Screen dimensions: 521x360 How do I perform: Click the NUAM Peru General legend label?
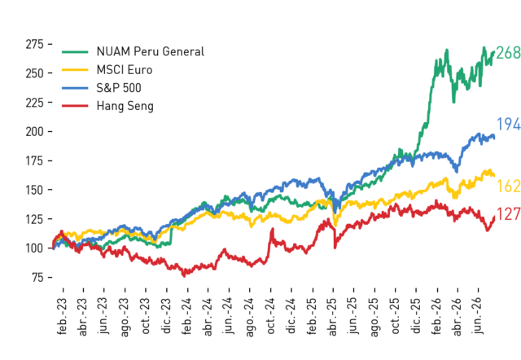150,52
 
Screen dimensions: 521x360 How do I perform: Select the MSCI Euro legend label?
125,70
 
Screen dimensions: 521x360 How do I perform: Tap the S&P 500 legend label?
119,88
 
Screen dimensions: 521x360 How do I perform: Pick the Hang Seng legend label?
125,107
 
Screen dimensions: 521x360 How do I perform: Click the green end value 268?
508,53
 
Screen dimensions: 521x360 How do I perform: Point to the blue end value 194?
509,125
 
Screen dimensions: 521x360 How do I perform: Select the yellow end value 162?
509,187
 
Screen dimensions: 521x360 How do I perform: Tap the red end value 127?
509,214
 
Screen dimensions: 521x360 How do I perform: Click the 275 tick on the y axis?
34,44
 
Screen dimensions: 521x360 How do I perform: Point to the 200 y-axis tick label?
34,132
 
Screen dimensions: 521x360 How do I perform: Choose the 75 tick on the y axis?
38,277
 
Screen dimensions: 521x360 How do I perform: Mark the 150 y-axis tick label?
34,190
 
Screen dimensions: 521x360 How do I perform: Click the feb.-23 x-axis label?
62,316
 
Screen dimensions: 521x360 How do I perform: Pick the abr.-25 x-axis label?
333,317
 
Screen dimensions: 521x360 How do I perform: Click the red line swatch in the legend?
75,106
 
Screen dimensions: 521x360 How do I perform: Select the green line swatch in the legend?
75,52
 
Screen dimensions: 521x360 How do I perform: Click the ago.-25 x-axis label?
374,317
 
